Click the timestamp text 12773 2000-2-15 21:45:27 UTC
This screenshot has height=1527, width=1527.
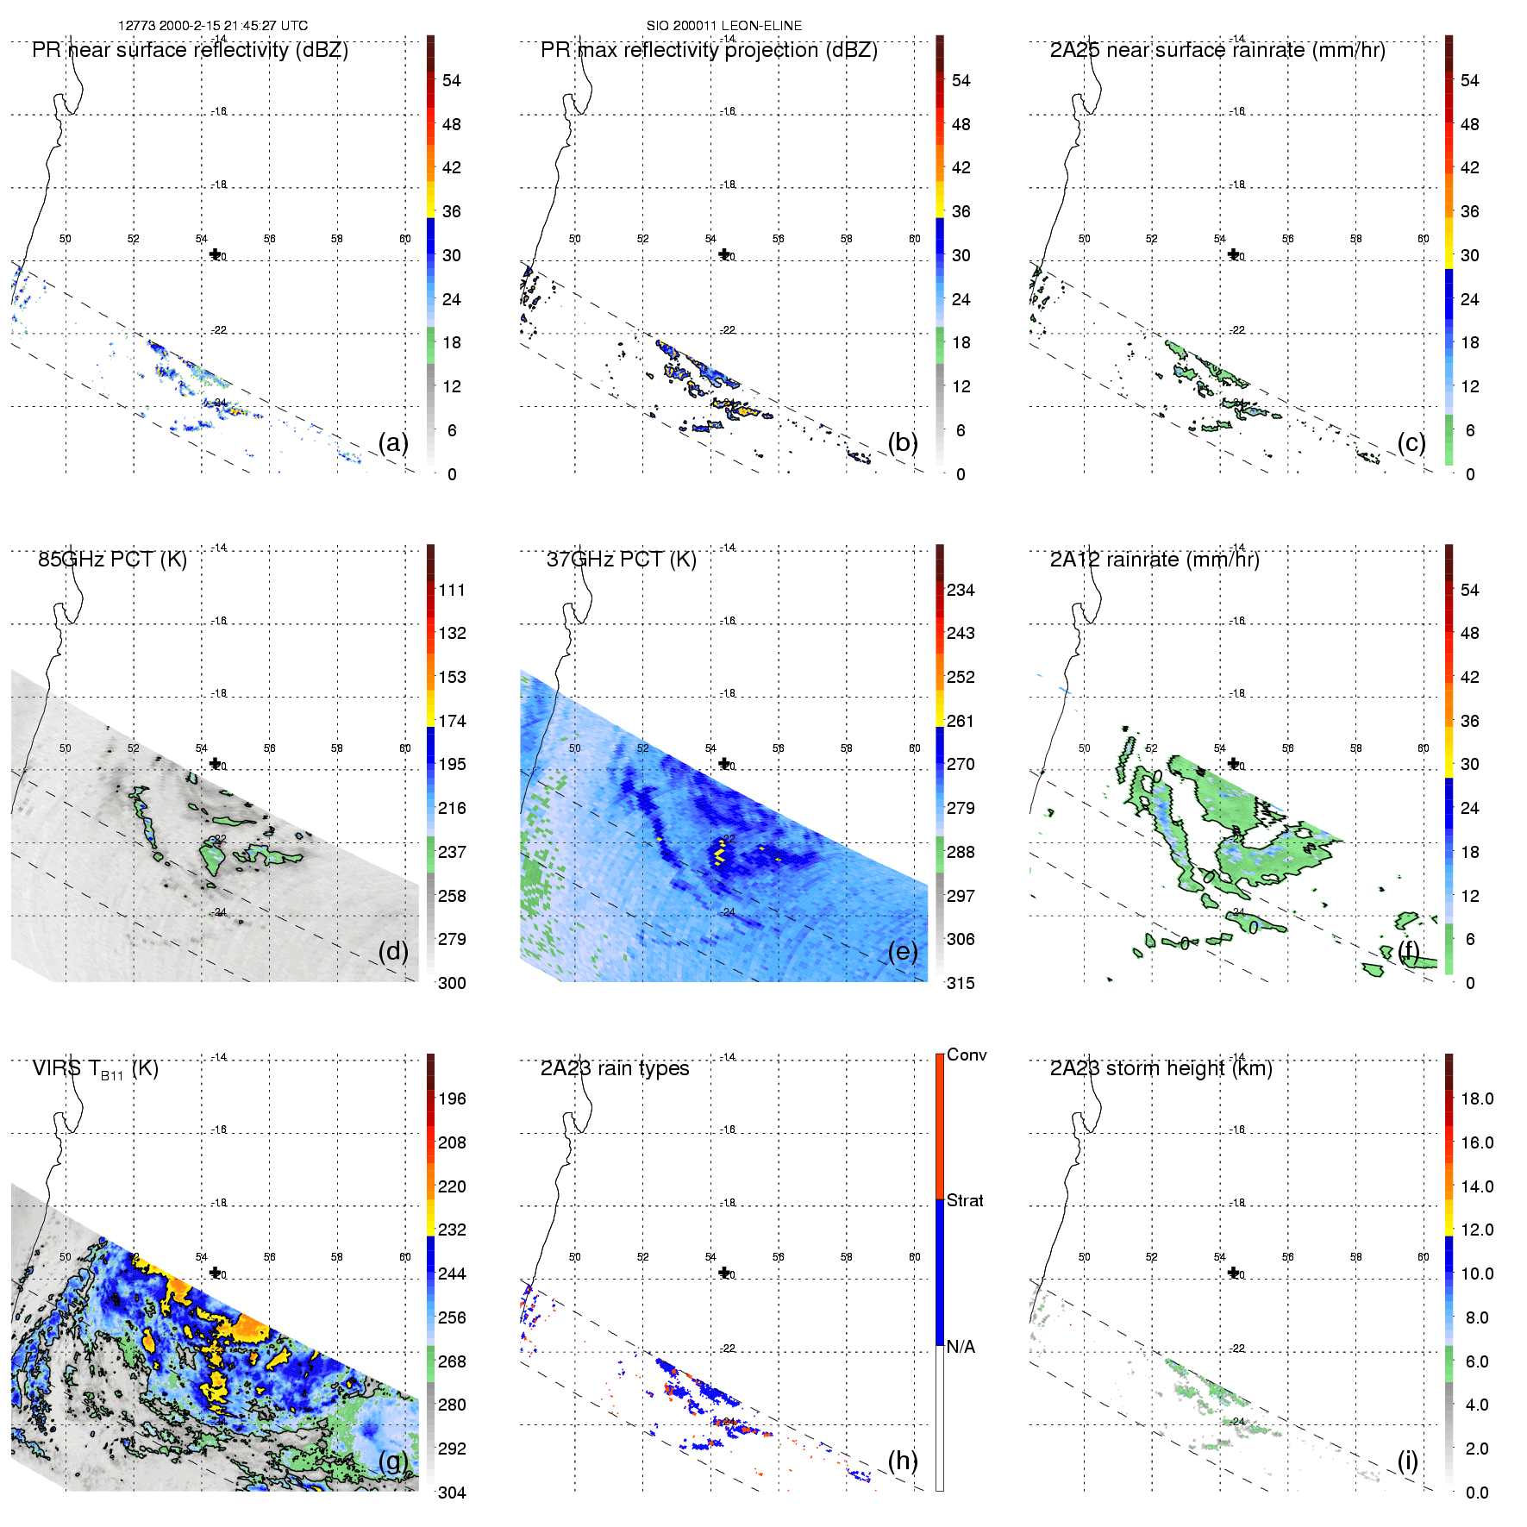(x=212, y=25)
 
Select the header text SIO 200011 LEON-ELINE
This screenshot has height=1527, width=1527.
(x=723, y=25)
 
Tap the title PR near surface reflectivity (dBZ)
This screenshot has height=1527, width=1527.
(x=190, y=50)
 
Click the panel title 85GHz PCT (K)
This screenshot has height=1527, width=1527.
(x=112, y=560)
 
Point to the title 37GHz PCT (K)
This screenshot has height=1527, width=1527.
(x=621, y=560)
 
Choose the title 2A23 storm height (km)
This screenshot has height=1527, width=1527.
(x=1161, y=1068)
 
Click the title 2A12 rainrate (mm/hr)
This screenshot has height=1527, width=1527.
(x=1155, y=560)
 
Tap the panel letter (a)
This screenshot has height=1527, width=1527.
(x=393, y=442)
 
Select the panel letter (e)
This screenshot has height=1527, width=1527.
(x=903, y=951)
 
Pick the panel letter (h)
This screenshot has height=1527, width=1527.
(x=903, y=1461)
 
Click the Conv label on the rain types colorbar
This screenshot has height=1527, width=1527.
(x=967, y=1055)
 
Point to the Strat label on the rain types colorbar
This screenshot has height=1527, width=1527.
(x=965, y=1200)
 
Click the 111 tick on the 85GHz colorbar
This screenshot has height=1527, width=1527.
(x=452, y=590)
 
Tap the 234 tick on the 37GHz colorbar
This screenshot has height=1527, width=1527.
(x=961, y=590)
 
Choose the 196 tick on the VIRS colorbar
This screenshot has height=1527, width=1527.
(x=452, y=1098)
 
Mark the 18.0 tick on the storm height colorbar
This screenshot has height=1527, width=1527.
(x=1477, y=1098)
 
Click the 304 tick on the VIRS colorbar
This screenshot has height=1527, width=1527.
(x=452, y=1493)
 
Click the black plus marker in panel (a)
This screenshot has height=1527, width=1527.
(x=215, y=254)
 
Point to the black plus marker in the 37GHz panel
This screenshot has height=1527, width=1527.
(x=724, y=763)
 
